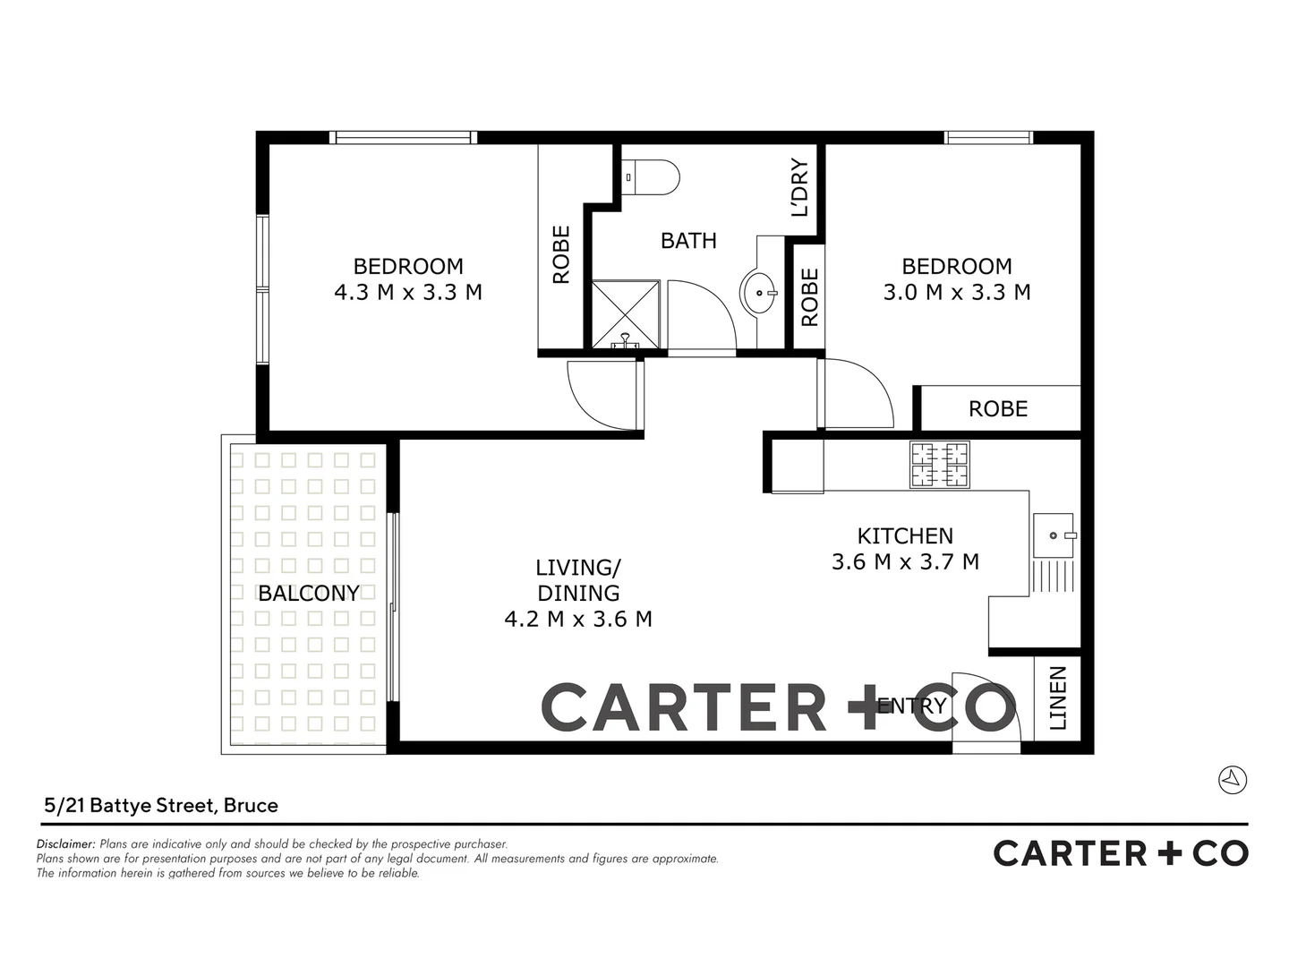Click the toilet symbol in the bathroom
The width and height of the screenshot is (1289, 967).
click(650, 176)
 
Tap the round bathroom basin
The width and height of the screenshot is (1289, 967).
click(761, 291)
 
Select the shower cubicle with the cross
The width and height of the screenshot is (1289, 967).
click(627, 314)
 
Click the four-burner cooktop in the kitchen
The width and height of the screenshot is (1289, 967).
click(940, 465)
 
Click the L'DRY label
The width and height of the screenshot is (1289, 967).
click(799, 188)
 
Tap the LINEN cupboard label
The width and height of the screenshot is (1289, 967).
click(1058, 697)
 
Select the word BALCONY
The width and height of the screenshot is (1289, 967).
click(309, 593)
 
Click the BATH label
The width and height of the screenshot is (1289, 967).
click(688, 240)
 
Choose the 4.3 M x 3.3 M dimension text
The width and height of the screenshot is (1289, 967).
click(408, 292)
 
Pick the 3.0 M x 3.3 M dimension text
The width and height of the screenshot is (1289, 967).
click(957, 292)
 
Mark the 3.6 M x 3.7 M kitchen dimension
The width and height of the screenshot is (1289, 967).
click(905, 561)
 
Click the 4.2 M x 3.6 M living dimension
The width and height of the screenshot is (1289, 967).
click(578, 618)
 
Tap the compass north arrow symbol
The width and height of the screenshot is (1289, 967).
click(1233, 779)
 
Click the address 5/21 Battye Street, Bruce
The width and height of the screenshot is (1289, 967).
click(161, 805)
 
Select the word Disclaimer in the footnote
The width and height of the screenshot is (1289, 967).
click(65, 843)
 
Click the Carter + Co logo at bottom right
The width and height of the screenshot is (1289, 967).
click(1121, 853)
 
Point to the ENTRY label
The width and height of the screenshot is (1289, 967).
click(911, 706)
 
